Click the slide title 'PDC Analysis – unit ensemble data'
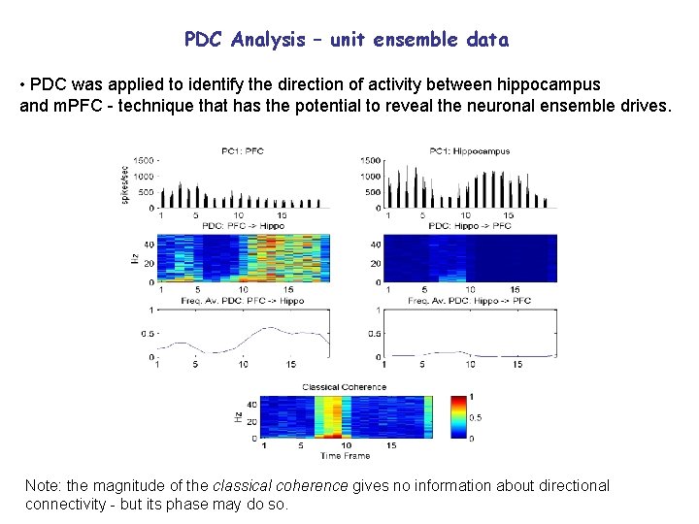347,40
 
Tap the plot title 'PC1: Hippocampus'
469,151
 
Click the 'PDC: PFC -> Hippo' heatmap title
244,225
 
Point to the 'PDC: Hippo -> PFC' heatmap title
469,225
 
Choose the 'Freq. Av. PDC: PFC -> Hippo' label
244,301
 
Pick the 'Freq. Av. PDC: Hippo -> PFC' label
469,301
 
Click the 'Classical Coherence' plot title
345,387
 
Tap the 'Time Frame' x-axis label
346,455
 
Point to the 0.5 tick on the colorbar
475,417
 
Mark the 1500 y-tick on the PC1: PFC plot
145,159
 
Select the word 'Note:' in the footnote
44,485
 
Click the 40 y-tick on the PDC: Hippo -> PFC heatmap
375,245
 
